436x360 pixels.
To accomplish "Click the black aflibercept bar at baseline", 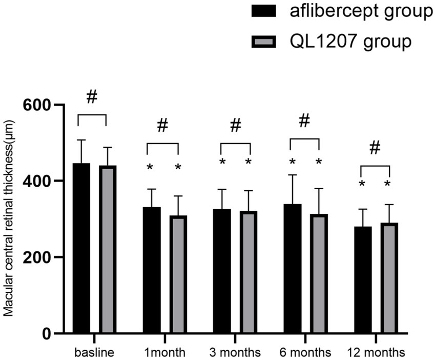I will (81, 248).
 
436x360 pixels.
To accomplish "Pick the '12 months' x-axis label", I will (375, 352).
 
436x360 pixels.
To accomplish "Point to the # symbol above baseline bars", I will (92, 97).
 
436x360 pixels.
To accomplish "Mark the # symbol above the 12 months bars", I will (375, 148).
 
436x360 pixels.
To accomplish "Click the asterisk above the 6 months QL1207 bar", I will (318, 163).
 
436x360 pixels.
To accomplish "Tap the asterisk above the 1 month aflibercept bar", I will (150, 168).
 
